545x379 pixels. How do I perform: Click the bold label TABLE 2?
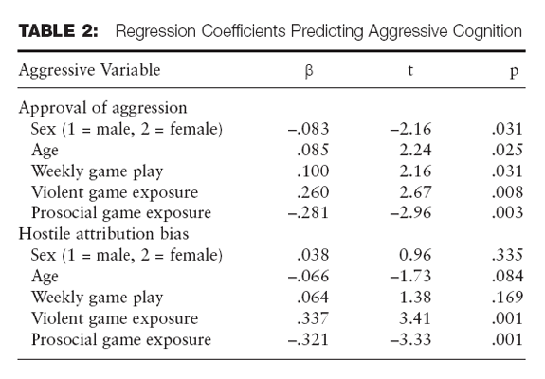pos(59,30)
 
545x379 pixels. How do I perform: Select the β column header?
pos(309,71)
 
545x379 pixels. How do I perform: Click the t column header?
pos(410,70)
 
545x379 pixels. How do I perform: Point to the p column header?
pos(514,72)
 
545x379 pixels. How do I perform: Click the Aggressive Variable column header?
pos(90,70)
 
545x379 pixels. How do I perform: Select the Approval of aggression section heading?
pos(103,108)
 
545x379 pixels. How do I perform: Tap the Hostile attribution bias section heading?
pos(103,233)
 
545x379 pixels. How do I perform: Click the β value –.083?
pos(308,129)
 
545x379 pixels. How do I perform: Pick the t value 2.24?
pos(415,150)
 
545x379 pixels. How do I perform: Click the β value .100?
pos(313,171)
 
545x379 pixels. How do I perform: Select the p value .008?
pos(507,192)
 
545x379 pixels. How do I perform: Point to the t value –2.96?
pos(410,212)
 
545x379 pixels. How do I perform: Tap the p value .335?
pos(507,255)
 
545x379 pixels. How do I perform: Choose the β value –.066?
pos(308,276)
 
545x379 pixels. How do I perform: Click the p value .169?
pos(507,297)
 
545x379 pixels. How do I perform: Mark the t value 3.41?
pos(415,318)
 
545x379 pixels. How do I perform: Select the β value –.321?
pos(308,339)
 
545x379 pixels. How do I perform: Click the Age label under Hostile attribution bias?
pos(45,277)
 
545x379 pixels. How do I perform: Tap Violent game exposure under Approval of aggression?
pos(115,192)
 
